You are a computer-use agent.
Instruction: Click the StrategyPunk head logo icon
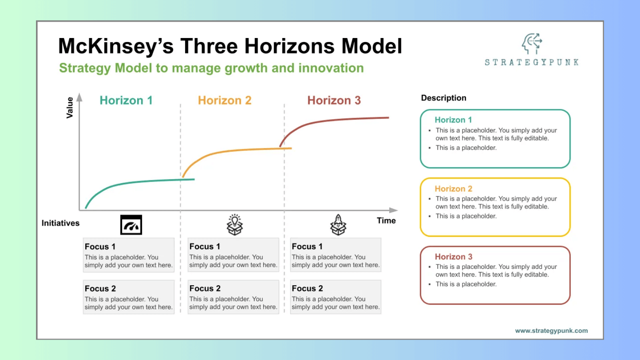click(532, 44)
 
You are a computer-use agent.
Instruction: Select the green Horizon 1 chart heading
click(126, 100)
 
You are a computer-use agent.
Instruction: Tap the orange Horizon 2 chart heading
click(224, 100)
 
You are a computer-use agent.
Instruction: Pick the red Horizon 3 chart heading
click(334, 100)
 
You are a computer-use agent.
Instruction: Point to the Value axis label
click(70, 107)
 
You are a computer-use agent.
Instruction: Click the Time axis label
click(386, 220)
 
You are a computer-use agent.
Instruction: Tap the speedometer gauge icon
click(131, 225)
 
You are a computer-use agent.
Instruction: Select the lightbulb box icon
click(235, 225)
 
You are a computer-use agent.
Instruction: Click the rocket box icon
click(338, 225)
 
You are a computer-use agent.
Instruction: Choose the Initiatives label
click(60, 223)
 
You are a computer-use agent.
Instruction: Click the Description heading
click(444, 98)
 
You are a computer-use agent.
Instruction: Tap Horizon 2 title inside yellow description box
click(453, 189)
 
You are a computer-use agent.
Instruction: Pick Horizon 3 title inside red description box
click(453, 257)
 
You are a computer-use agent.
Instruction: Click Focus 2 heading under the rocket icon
click(307, 288)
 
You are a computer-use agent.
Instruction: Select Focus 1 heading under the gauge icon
click(100, 247)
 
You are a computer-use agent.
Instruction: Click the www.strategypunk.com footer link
click(551, 331)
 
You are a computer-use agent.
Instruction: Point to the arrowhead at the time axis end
click(394, 210)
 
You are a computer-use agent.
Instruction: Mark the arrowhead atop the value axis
click(80, 97)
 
